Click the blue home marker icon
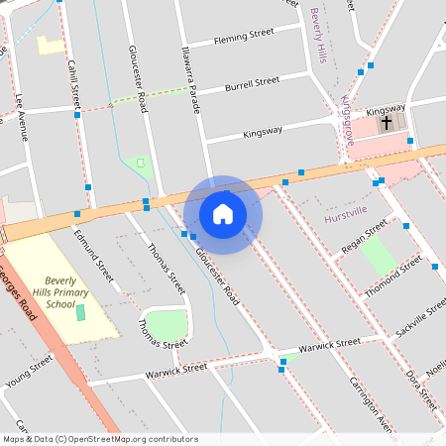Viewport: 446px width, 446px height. [223, 213]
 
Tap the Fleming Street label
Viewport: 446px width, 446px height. [243, 37]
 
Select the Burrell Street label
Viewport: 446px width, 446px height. [252, 84]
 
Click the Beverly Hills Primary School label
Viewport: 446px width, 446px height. [67, 292]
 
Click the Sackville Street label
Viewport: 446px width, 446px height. [420, 317]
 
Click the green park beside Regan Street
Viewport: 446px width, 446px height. [378, 257]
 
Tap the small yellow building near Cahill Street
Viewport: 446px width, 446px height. [49, 45]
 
